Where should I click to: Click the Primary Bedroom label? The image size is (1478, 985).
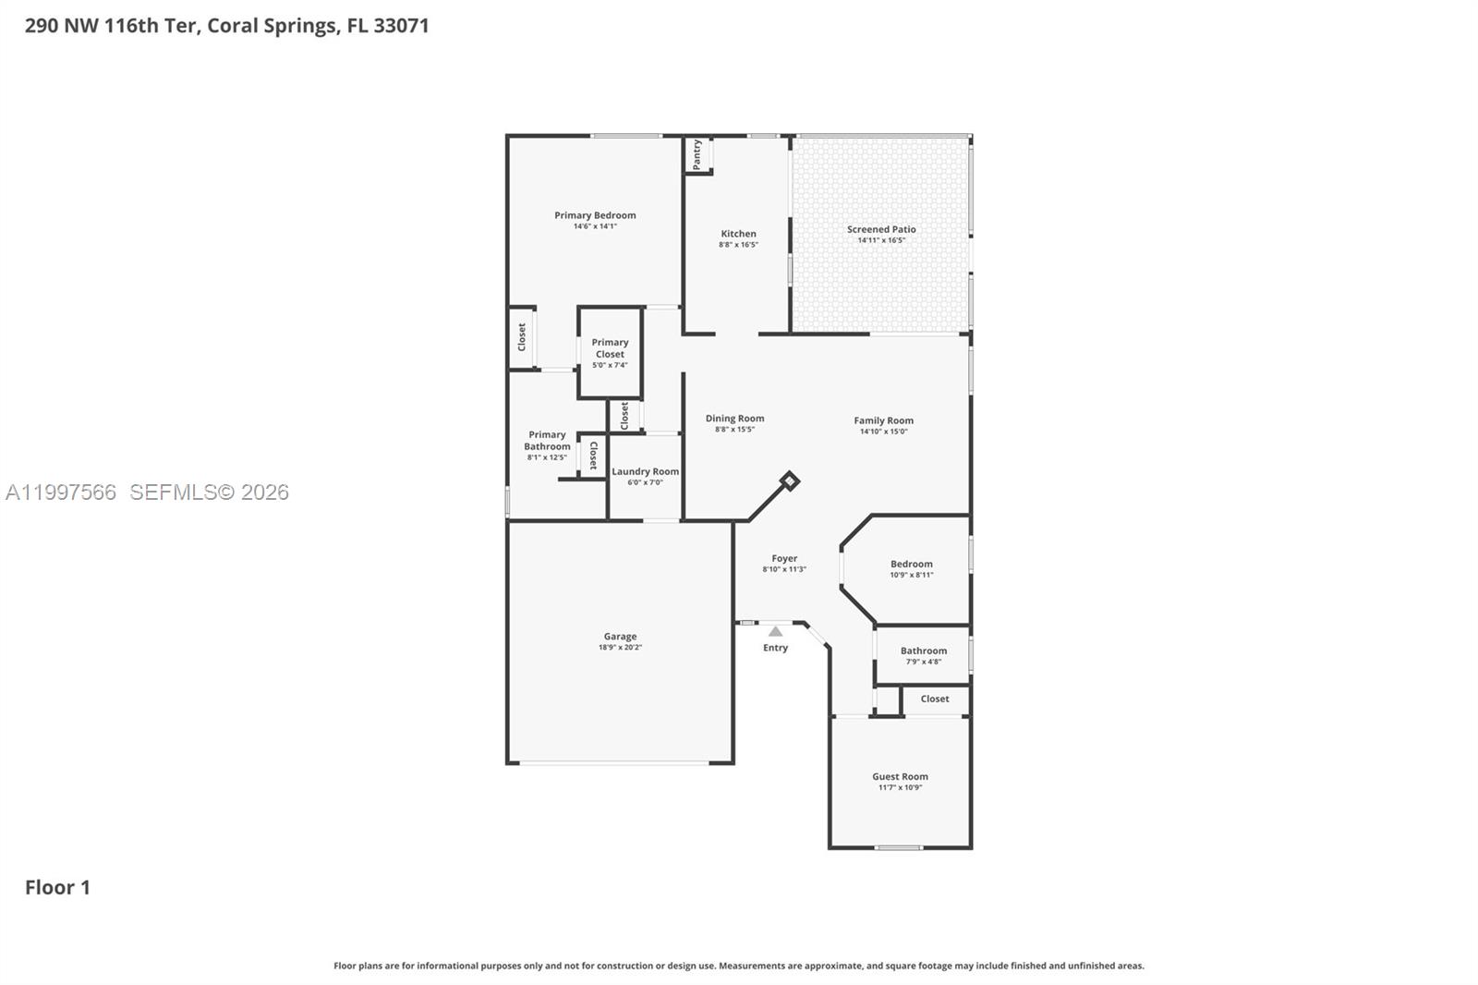coord(595,215)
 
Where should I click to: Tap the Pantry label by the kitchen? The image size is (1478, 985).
coord(697,154)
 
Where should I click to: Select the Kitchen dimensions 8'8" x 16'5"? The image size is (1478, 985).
coord(738,245)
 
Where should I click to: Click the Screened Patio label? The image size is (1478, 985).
coord(881,229)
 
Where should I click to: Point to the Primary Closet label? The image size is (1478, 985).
coord(610,348)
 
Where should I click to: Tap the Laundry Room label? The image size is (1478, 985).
coord(645,471)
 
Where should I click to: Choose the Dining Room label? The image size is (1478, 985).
coord(734,419)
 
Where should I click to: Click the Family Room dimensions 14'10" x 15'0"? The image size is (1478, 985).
coord(883,432)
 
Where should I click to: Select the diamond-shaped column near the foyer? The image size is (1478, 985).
coord(789,480)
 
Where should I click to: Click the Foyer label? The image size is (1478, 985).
coord(784,558)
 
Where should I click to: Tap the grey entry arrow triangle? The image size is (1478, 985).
coord(776,632)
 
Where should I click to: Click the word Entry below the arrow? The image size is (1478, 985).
coord(776,648)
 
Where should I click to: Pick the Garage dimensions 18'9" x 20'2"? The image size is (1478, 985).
coord(620,648)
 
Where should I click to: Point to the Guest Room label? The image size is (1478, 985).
coord(900,777)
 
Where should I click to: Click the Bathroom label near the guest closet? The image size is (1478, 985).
coord(924,651)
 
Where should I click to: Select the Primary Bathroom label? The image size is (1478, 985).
coord(547,441)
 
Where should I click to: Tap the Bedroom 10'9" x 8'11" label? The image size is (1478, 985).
coord(912,564)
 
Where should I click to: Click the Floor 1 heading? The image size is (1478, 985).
coord(57,887)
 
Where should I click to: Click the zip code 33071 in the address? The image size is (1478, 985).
coord(401,26)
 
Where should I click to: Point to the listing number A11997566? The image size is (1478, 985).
coord(61,492)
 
